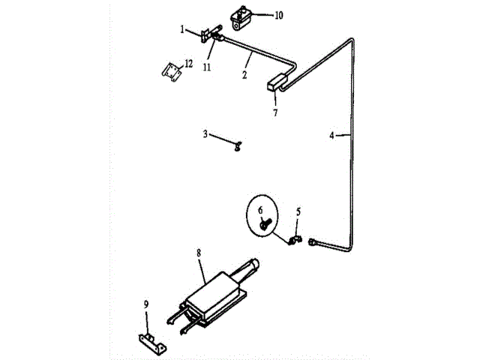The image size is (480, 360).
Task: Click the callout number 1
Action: pyautogui.click(x=182, y=29)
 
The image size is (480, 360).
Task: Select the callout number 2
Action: pyautogui.click(x=244, y=75)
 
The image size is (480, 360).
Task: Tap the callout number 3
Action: pyautogui.click(x=205, y=134)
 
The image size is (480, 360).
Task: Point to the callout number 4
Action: pyautogui.click(x=331, y=136)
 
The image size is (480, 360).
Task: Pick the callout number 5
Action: pyautogui.click(x=298, y=212)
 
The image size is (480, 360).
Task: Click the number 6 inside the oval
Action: pyautogui.click(x=262, y=209)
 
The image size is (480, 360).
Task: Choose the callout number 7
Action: pyautogui.click(x=275, y=112)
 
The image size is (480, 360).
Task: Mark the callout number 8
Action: pyautogui.click(x=199, y=253)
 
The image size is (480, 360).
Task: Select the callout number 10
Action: pyautogui.click(x=257, y=15)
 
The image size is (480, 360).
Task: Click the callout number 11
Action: pyautogui.click(x=205, y=66)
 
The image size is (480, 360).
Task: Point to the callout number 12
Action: pyautogui.click(x=188, y=62)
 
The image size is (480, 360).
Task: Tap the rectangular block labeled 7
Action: pyautogui.click(x=277, y=81)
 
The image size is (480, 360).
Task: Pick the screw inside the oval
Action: pyautogui.click(x=265, y=222)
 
